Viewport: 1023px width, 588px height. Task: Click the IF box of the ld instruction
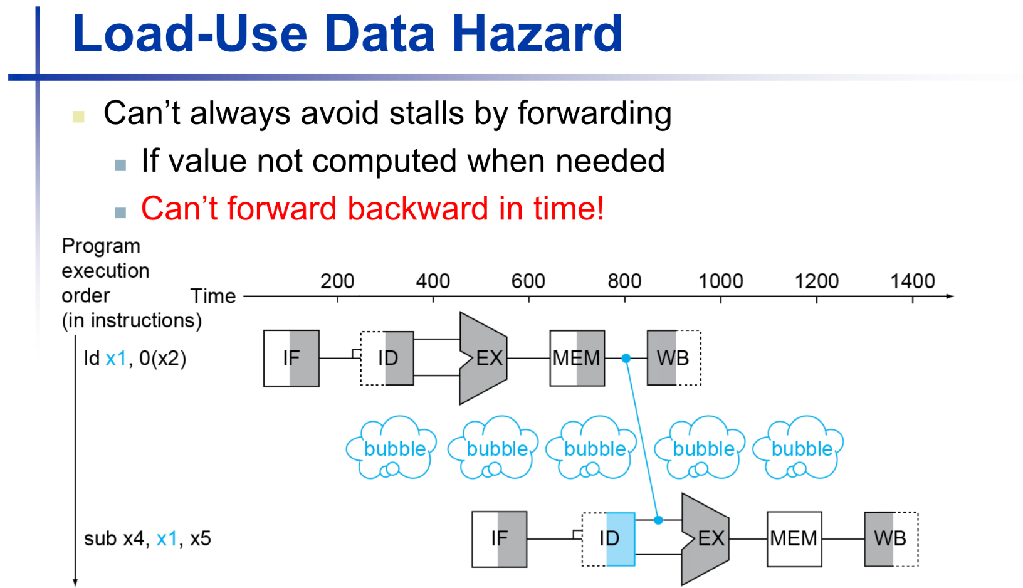pos(291,358)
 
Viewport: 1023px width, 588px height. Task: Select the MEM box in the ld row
pos(577,358)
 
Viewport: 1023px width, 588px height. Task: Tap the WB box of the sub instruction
pos(891,538)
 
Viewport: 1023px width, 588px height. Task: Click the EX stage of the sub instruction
pos(706,538)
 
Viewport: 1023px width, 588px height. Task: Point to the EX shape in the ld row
pos(485,358)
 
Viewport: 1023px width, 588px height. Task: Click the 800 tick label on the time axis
pos(624,281)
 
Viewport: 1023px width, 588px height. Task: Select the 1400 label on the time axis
pos(913,281)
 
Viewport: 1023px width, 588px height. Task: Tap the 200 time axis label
pos(337,281)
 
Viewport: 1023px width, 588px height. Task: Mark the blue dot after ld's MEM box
pos(626,358)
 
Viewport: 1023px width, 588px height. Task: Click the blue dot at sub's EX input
pos(658,520)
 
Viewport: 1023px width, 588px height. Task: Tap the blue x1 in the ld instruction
pos(116,359)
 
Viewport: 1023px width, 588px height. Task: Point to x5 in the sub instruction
pos(200,538)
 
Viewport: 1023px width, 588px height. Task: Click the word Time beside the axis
pos(213,296)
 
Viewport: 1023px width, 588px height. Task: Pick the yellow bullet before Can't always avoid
pos(78,117)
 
